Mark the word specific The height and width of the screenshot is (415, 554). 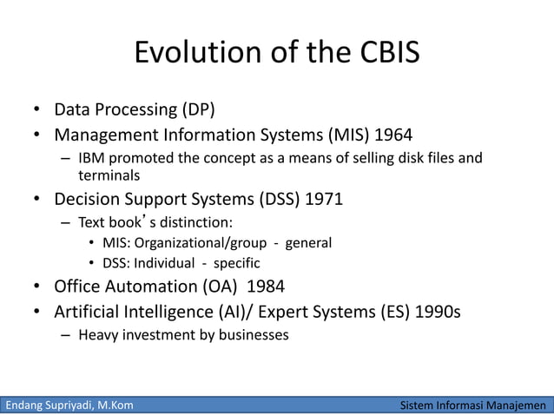click(x=235, y=262)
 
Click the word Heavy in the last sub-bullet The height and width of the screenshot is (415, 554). click(x=97, y=333)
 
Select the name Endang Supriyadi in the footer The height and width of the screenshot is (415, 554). click(x=49, y=405)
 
